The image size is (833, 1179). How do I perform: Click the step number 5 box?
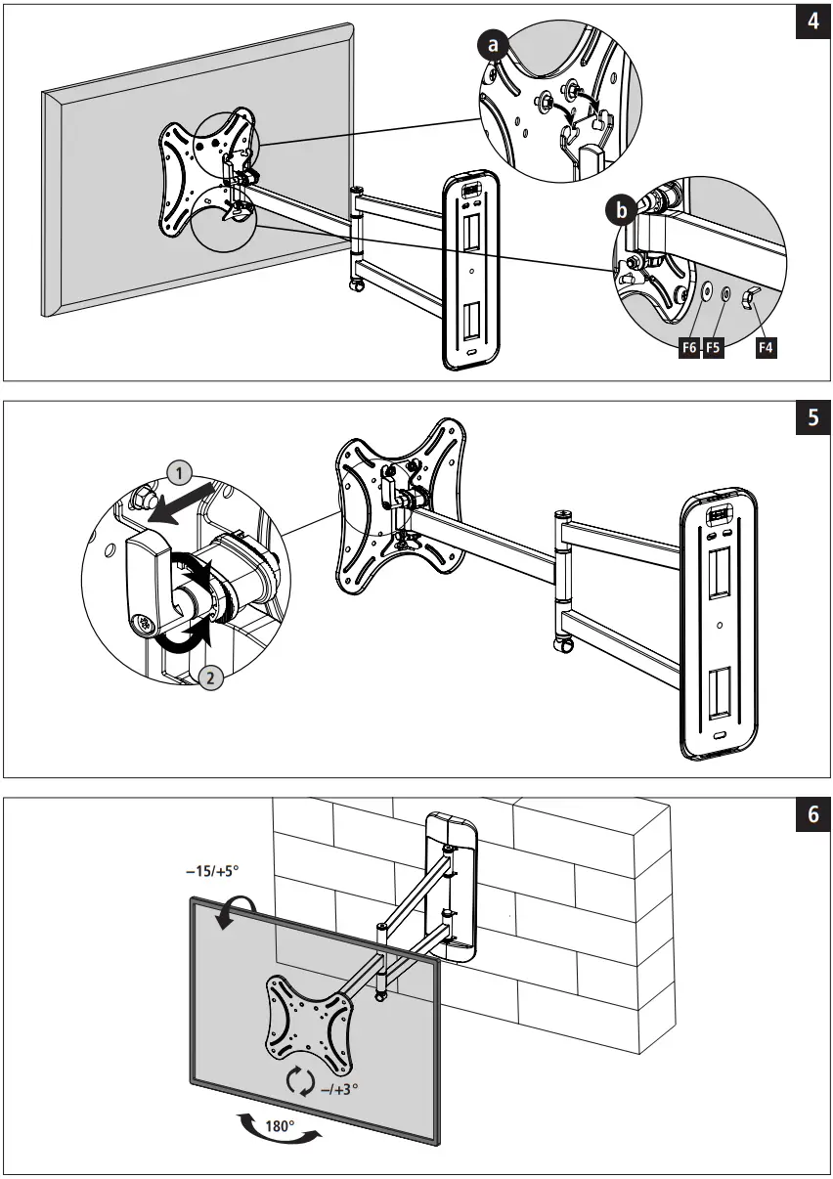coord(812,419)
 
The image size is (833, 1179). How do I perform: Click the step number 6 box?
coord(812,815)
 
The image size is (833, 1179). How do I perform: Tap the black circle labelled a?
coord(493,44)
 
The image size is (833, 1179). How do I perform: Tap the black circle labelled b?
coord(617,209)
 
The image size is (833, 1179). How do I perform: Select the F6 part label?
coord(690,346)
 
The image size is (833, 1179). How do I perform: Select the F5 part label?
coord(714,346)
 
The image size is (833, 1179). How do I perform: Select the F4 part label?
coord(767,346)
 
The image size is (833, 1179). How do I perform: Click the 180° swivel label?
coord(280,1125)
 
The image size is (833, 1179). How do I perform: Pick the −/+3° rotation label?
coord(340,1086)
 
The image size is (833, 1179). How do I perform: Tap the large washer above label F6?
coord(705,291)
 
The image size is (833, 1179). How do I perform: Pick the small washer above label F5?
coord(726,293)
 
